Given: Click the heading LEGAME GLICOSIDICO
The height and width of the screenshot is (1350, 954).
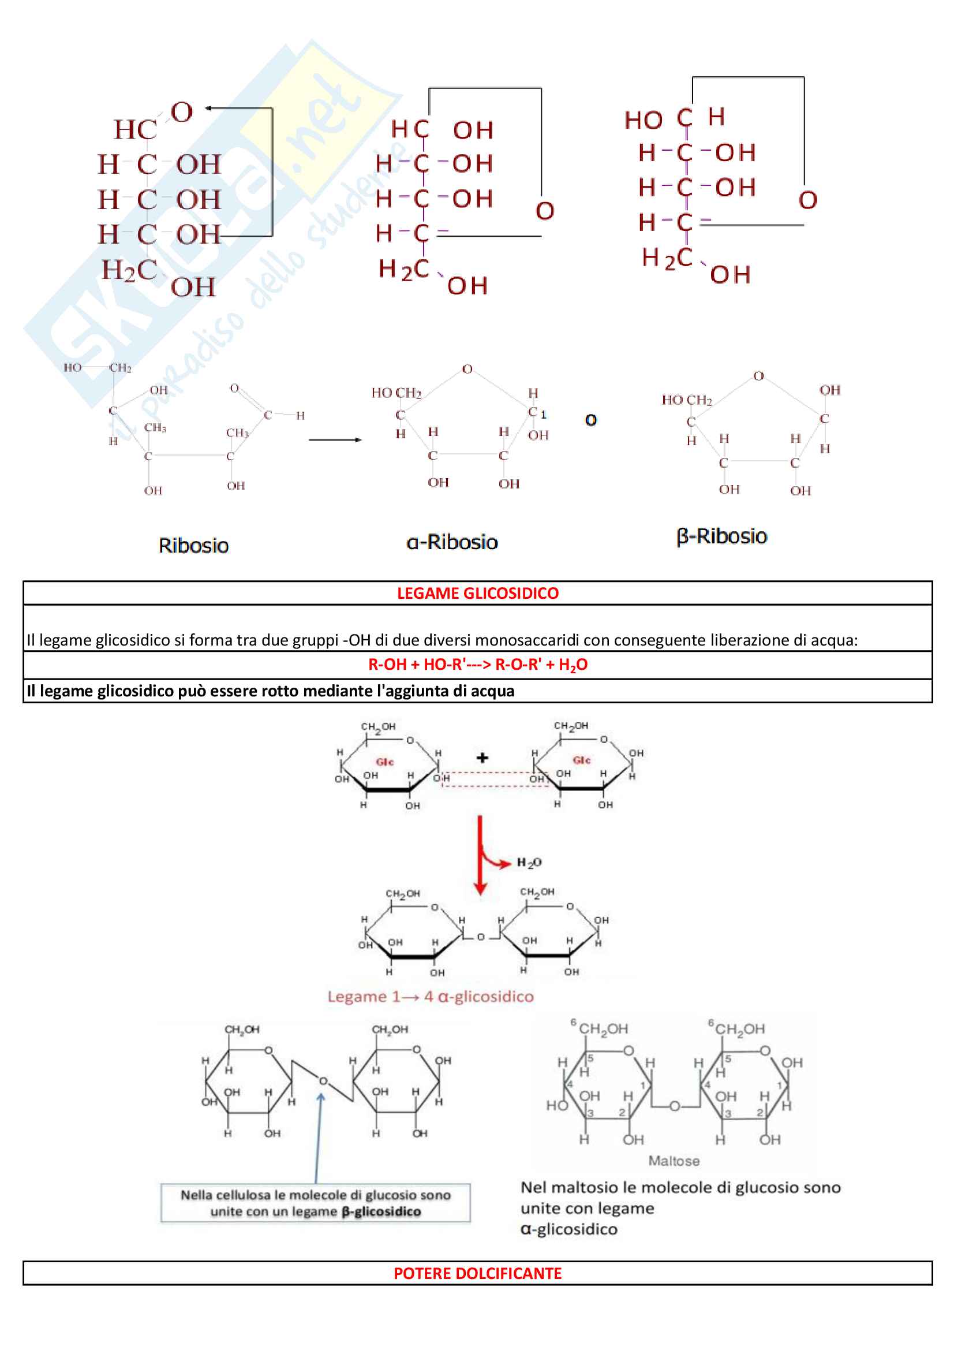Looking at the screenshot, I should point(477,593).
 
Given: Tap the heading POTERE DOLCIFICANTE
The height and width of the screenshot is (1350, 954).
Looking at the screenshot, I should point(477,1273).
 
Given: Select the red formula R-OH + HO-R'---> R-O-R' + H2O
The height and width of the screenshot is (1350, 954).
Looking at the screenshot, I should point(477,665).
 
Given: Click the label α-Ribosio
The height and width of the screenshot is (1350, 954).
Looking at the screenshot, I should point(452,542).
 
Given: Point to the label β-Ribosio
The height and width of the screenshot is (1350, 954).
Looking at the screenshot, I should point(721,536).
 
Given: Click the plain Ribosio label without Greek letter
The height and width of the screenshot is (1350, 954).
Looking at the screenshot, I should point(193,545).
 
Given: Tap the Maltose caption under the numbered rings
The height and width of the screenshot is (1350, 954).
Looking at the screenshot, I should point(674,1161).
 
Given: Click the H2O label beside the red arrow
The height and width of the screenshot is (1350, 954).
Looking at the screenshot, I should point(529,863).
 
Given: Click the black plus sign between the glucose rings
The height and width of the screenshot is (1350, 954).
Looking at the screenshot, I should point(482,758).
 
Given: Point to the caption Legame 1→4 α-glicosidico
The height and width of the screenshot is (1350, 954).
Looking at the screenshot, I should point(431,997).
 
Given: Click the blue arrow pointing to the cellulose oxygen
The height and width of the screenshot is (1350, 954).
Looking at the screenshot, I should point(318,1138).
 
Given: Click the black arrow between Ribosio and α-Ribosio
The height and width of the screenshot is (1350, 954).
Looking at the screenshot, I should point(335,439).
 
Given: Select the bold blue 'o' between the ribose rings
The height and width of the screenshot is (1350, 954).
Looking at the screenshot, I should point(591,420).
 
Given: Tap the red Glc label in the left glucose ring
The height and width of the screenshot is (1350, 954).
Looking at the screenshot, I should point(384,762).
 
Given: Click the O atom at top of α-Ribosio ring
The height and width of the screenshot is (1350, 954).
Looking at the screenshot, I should point(467,369).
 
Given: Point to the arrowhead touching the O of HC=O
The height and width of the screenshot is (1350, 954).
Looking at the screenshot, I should point(209,108).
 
